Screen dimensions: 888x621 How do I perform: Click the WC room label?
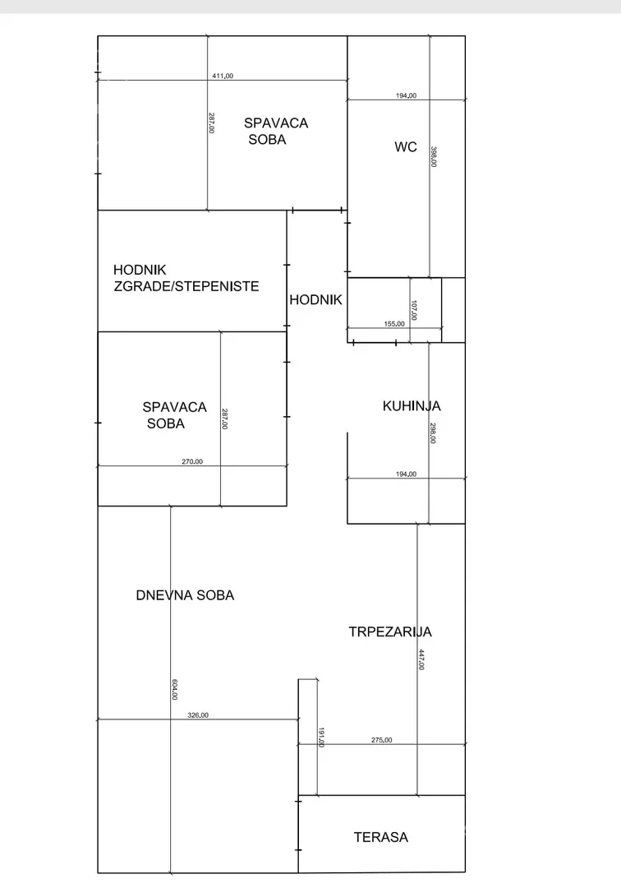point(406,148)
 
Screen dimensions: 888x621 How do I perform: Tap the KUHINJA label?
point(412,406)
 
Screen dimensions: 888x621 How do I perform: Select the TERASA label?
point(381,838)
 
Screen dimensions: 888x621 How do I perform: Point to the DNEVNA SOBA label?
point(185,595)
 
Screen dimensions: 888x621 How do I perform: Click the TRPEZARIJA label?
point(390,632)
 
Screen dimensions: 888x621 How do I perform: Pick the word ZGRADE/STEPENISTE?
point(188,287)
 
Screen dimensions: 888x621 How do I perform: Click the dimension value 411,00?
point(223,76)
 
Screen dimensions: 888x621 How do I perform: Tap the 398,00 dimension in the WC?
point(434,157)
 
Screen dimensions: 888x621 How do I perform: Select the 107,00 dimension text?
point(415,311)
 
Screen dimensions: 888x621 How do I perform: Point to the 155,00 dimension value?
point(394,324)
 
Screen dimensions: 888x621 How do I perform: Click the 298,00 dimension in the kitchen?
point(433,433)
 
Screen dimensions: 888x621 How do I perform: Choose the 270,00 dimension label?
point(191,461)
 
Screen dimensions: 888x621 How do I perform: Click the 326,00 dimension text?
point(198,715)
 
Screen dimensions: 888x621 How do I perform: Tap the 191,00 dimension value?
point(321,738)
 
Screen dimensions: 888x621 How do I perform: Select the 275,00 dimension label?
point(382,740)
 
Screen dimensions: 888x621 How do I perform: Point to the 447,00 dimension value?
point(421,659)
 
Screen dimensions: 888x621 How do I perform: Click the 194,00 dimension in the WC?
point(406,95)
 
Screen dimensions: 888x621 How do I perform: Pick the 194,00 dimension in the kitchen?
point(406,474)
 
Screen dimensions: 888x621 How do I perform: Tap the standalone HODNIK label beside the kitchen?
point(315,301)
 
